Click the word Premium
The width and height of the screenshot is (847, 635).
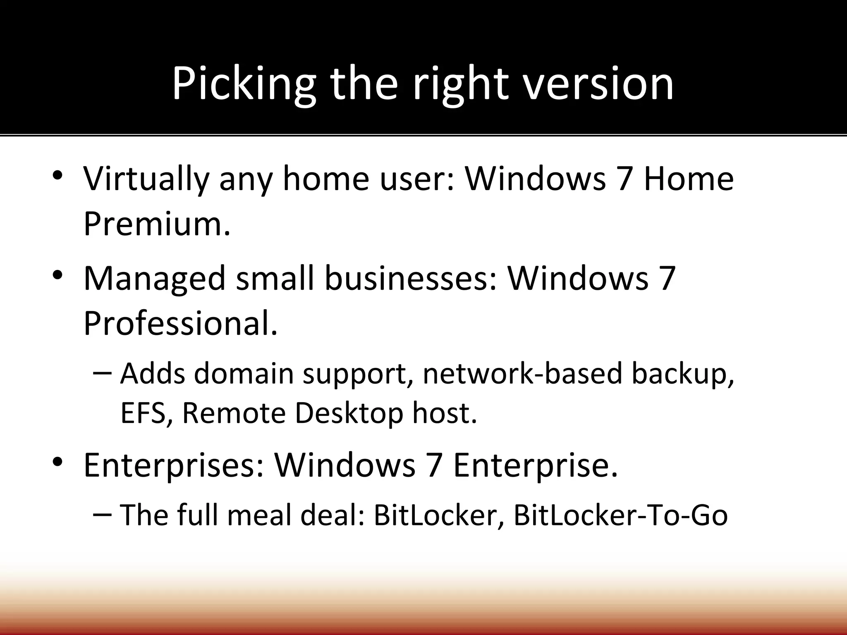click(156, 224)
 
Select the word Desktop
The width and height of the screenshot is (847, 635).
click(349, 413)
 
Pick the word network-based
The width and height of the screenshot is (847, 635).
click(522, 373)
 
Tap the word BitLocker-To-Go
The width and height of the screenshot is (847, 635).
click(620, 516)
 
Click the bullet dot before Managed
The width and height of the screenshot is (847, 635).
click(57, 275)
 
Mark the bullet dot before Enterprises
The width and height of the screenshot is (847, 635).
click(57, 461)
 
